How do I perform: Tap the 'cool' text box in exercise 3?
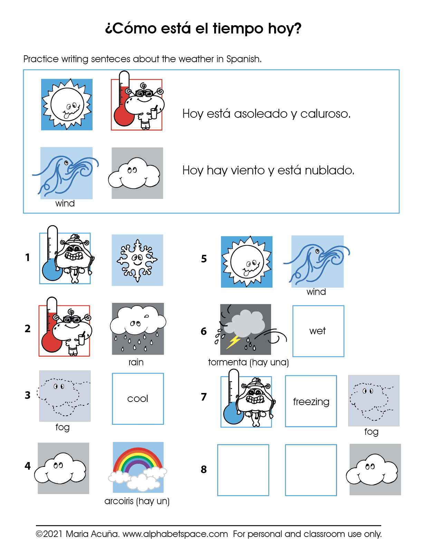[138, 399]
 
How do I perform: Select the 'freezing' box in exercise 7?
[311, 401]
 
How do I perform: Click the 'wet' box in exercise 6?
[318, 331]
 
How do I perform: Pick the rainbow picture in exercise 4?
[138, 467]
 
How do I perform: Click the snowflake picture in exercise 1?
[137, 260]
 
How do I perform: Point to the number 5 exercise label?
[204, 259]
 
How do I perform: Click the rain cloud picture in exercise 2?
[138, 328]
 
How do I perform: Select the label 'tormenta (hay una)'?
[248, 362]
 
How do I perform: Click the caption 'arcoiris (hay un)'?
[137, 501]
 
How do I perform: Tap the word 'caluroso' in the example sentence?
[325, 114]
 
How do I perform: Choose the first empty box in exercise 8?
[243, 470]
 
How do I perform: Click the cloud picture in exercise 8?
[375, 469]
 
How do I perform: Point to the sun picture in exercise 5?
[247, 262]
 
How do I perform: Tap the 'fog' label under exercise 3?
[63, 427]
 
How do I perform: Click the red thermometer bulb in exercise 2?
[51, 342]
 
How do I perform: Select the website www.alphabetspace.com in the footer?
[175, 534]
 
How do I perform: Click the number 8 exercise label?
[204, 469]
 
